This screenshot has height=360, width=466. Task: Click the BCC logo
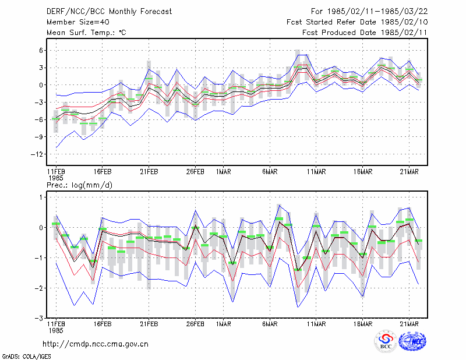(x=386, y=341)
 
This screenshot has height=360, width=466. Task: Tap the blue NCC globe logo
(x=412, y=341)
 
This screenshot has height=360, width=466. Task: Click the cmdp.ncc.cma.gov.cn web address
(x=96, y=344)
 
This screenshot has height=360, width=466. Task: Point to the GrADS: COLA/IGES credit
(x=26, y=356)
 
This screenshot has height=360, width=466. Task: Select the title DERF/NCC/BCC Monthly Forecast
(x=109, y=12)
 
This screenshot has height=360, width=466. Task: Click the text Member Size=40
(x=78, y=22)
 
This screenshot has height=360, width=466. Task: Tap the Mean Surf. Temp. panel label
(x=86, y=33)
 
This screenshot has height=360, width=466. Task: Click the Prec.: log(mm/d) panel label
(x=79, y=185)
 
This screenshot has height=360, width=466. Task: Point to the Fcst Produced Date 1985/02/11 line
(x=365, y=33)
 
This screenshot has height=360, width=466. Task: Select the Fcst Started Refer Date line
(x=357, y=22)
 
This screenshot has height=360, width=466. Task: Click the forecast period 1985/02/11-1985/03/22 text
(x=377, y=12)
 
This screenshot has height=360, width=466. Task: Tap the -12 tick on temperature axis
(x=37, y=154)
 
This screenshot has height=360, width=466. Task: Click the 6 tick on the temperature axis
(x=41, y=51)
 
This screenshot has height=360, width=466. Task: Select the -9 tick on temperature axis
(x=39, y=137)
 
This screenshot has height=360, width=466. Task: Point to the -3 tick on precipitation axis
(x=39, y=319)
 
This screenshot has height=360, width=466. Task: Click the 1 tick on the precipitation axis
(x=41, y=197)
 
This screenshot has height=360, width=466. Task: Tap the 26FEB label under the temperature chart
(x=195, y=172)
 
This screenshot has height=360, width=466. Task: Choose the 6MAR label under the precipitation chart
(x=270, y=324)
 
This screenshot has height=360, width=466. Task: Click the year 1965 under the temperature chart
(x=55, y=178)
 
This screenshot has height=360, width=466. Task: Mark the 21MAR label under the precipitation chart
(x=409, y=324)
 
